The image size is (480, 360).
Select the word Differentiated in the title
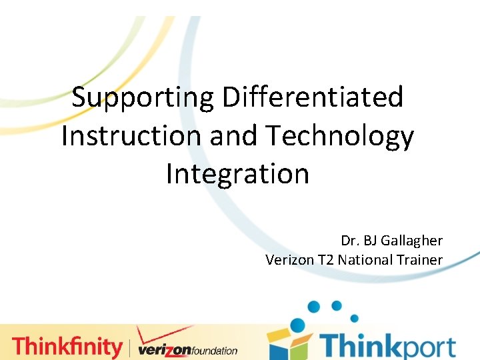point(313,98)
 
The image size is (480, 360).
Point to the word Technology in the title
point(341,136)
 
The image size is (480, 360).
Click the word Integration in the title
point(237,174)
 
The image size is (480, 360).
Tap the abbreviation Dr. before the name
point(351,240)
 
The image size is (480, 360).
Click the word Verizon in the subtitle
point(289,259)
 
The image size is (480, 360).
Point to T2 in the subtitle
point(325,259)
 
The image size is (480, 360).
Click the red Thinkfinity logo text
point(67,347)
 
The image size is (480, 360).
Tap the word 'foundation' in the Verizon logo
point(211,351)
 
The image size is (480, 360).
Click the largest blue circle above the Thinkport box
point(297,325)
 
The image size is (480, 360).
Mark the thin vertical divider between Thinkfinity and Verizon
point(130,347)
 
